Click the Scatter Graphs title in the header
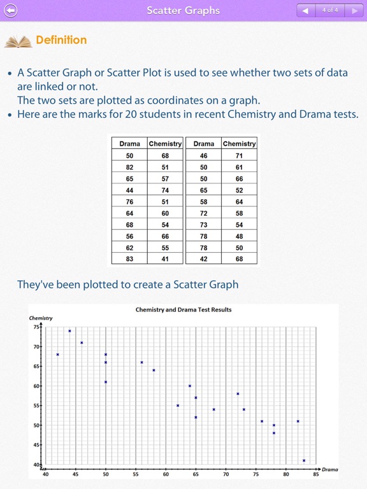(183, 10)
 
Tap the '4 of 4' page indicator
(330, 10)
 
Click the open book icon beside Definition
(18, 41)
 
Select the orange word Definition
(61, 40)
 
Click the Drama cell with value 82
(129, 167)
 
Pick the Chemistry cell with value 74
(165, 190)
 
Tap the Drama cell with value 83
(129, 259)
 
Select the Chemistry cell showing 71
(239, 156)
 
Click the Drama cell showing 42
(203, 259)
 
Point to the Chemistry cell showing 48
(239, 236)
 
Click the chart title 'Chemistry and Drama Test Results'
(183, 310)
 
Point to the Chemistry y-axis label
(41, 318)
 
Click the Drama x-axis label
(329, 469)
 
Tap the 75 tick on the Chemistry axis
(36, 327)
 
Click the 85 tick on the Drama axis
(316, 474)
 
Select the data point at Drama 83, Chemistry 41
(304, 460)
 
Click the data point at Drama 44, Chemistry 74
(69, 331)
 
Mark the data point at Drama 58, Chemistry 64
(154, 370)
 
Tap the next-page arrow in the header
(354, 10)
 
